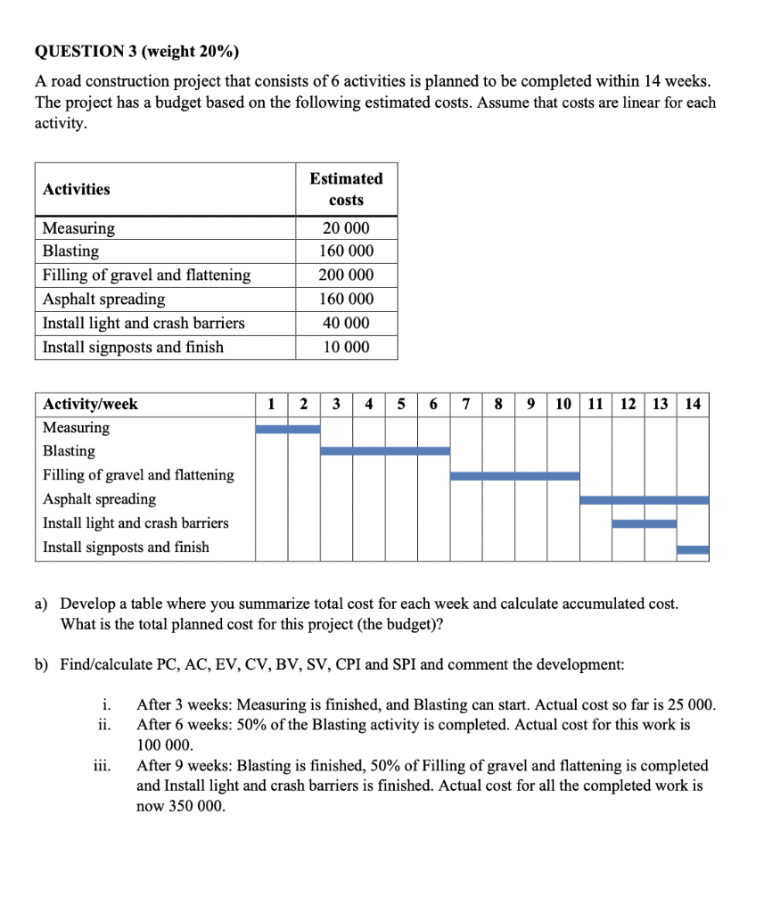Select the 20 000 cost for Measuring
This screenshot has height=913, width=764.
coord(346,228)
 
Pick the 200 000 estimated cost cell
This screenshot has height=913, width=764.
coord(346,276)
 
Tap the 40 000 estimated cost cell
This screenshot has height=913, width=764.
coord(346,323)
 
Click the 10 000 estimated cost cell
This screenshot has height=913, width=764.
coord(346,347)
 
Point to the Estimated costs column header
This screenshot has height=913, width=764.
coord(346,189)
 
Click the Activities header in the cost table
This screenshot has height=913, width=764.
coord(77,189)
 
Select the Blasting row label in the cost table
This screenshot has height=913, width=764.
coord(70,251)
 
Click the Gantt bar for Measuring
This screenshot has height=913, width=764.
coord(287,429)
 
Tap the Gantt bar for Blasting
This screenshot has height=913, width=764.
coord(384,451)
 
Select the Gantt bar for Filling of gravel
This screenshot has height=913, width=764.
coord(514,476)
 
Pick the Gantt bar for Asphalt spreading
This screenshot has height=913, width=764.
coord(644,500)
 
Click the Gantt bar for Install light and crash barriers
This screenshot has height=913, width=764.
coord(644,523)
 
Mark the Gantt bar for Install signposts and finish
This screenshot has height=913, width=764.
coord(693,549)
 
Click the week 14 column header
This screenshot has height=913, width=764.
coord(693,405)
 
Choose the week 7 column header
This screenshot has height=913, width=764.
coord(466,405)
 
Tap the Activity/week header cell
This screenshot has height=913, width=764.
coord(90,405)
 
